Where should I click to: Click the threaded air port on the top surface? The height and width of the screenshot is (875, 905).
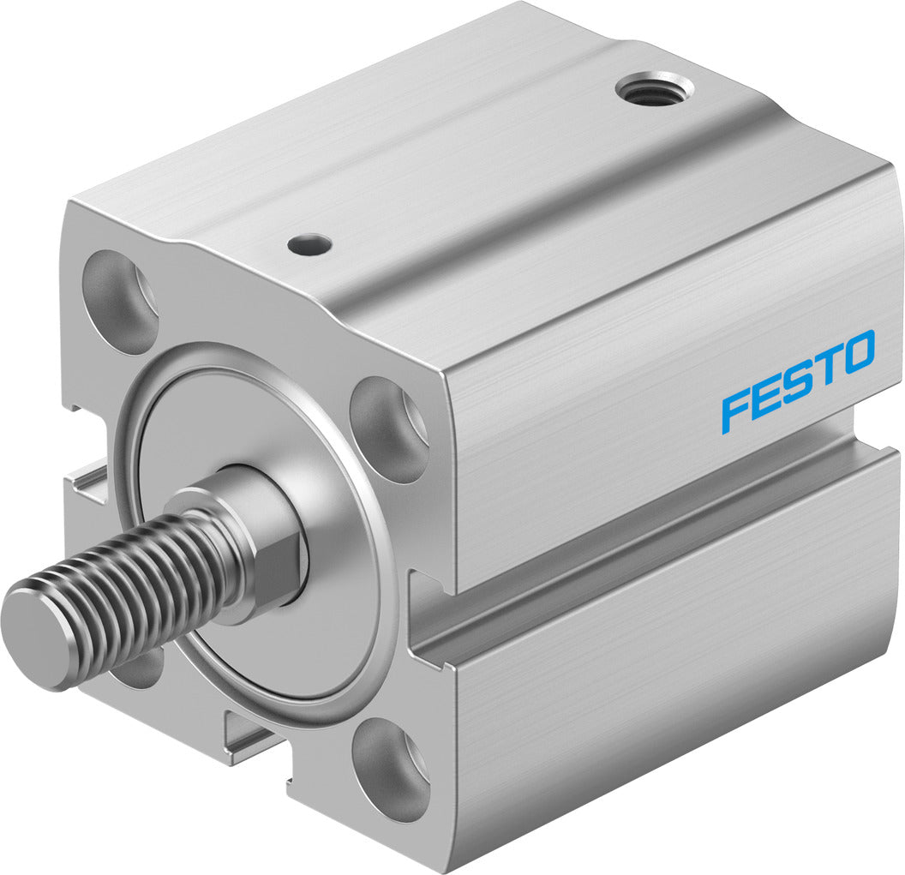pyautogui.click(x=651, y=89)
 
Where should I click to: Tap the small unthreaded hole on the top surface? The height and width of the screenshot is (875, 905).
pyautogui.click(x=309, y=246)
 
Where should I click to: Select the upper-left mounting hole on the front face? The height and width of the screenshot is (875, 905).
pyautogui.click(x=121, y=302)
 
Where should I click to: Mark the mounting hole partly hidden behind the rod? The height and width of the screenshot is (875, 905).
pyautogui.click(x=140, y=668)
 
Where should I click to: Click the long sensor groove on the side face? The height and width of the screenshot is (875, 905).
pyautogui.click(x=651, y=548)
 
